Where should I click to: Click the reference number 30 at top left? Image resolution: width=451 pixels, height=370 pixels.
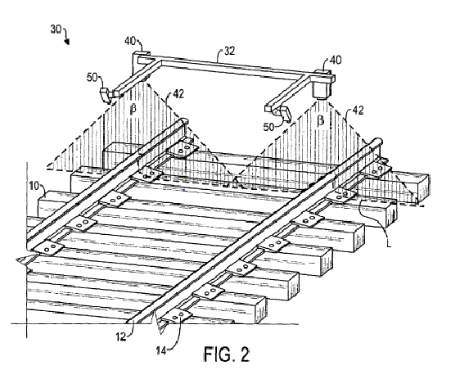click(56, 29)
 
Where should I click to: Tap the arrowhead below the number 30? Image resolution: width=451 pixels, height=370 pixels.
click(67, 42)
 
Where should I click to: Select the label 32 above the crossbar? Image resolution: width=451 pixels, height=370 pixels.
click(229, 52)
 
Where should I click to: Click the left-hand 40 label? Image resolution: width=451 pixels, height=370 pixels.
click(130, 41)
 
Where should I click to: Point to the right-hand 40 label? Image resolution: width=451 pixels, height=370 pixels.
click(336, 61)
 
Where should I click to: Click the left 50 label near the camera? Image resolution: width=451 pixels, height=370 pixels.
click(92, 78)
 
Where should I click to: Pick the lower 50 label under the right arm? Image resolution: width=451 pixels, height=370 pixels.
click(269, 127)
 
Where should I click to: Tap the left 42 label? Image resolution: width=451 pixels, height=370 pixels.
click(178, 94)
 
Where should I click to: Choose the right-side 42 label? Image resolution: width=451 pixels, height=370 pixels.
click(358, 111)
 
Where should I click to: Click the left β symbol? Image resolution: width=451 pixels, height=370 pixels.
click(133, 109)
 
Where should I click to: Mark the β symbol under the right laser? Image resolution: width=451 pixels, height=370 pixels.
click(321, 120)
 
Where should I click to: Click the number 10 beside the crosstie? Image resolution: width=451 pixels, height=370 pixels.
click(34, 186)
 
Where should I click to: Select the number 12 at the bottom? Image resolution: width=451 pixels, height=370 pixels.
click(121, 336)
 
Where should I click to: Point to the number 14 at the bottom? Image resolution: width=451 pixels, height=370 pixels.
click(161, 350)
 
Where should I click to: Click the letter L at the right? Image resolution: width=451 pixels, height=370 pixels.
click(389, 244)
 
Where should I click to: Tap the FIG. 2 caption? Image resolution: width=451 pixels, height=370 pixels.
click(227, 354)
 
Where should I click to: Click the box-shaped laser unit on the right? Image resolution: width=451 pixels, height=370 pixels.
click(322, 85)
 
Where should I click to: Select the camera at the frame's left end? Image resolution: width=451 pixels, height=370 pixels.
click(106, 95)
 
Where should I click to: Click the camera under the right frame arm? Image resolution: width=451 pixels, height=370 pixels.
click(285, 114)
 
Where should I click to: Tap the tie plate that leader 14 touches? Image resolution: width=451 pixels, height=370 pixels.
click(177, 316)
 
